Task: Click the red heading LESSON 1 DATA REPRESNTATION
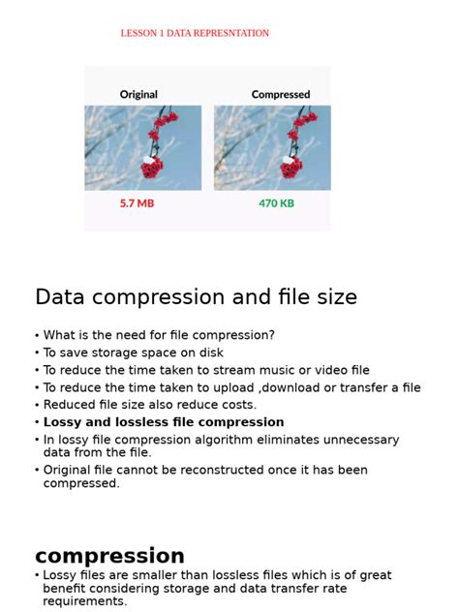pos(195,33)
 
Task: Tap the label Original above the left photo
pos(138,95)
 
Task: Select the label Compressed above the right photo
pos(281,95)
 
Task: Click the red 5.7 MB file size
pos(137,203)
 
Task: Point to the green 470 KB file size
pos(276,203)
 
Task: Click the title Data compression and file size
pos(196,296)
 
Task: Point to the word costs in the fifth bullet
pos(238,405)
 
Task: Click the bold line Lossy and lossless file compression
pos(164,422)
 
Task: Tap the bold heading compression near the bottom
pos(109,556)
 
